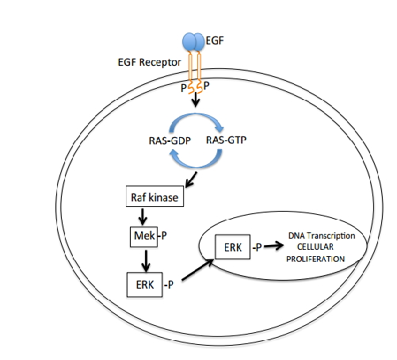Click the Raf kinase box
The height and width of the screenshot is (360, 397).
click(155, 196)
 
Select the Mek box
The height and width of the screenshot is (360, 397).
click(141, 236)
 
